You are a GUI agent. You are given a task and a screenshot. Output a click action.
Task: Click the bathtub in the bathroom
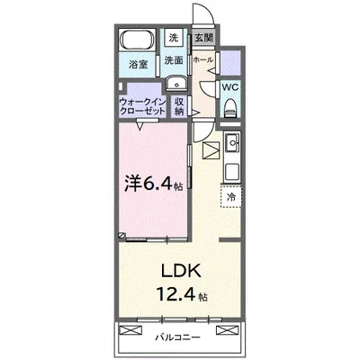137,39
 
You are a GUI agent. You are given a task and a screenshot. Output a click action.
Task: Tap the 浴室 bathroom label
139,65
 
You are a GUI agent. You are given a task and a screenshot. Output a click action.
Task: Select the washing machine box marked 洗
174,38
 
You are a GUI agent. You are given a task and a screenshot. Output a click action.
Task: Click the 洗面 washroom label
174,60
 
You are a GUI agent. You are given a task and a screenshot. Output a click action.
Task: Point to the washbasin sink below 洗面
176,83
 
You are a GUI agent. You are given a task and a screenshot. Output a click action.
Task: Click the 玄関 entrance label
204,38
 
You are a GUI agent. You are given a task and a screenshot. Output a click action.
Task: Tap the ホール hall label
203,60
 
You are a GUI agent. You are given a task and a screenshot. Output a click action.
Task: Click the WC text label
230,87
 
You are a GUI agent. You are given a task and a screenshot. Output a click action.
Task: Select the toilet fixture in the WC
230,108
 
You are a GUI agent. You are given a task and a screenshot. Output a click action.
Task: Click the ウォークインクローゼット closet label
142,106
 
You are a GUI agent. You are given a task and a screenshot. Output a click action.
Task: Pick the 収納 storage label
179,106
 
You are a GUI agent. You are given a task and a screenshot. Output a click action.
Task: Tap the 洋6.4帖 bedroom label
154,184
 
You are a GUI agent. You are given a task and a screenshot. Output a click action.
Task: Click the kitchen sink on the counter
232,143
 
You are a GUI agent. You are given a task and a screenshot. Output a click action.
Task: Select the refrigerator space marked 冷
231,197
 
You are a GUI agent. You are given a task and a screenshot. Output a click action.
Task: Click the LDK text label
181,271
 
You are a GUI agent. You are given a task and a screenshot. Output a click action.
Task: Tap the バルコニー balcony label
177,337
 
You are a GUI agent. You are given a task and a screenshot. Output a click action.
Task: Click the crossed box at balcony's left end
130,330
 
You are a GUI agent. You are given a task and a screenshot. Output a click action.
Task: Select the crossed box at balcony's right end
227,330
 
